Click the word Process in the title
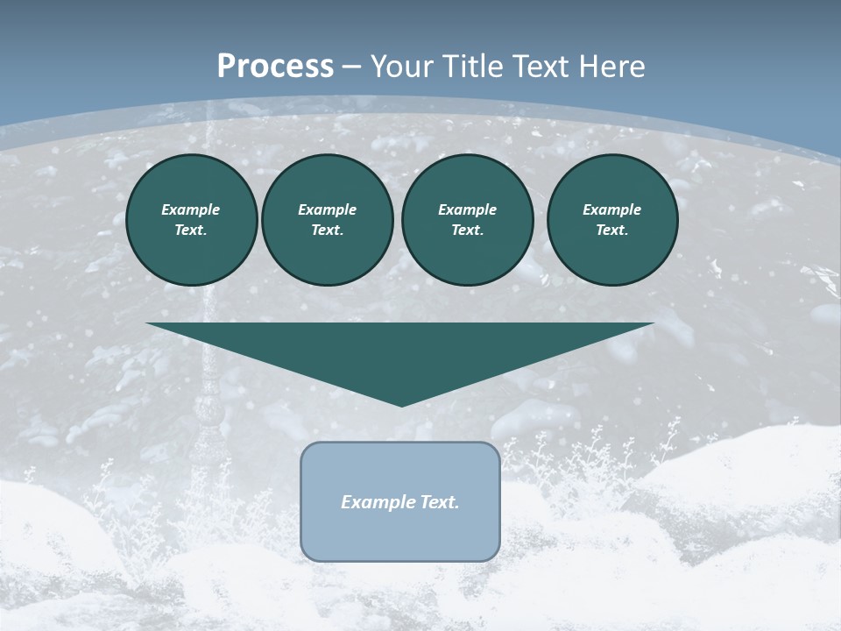[x=275, y=67]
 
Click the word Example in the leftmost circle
[x=191, y=209]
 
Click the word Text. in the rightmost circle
[x=611, y=230]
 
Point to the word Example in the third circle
[x=467, y=209]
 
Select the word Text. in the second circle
[x=327, y=230]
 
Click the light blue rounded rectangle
[x=400, y=535]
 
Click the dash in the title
[x=352, y=67]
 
